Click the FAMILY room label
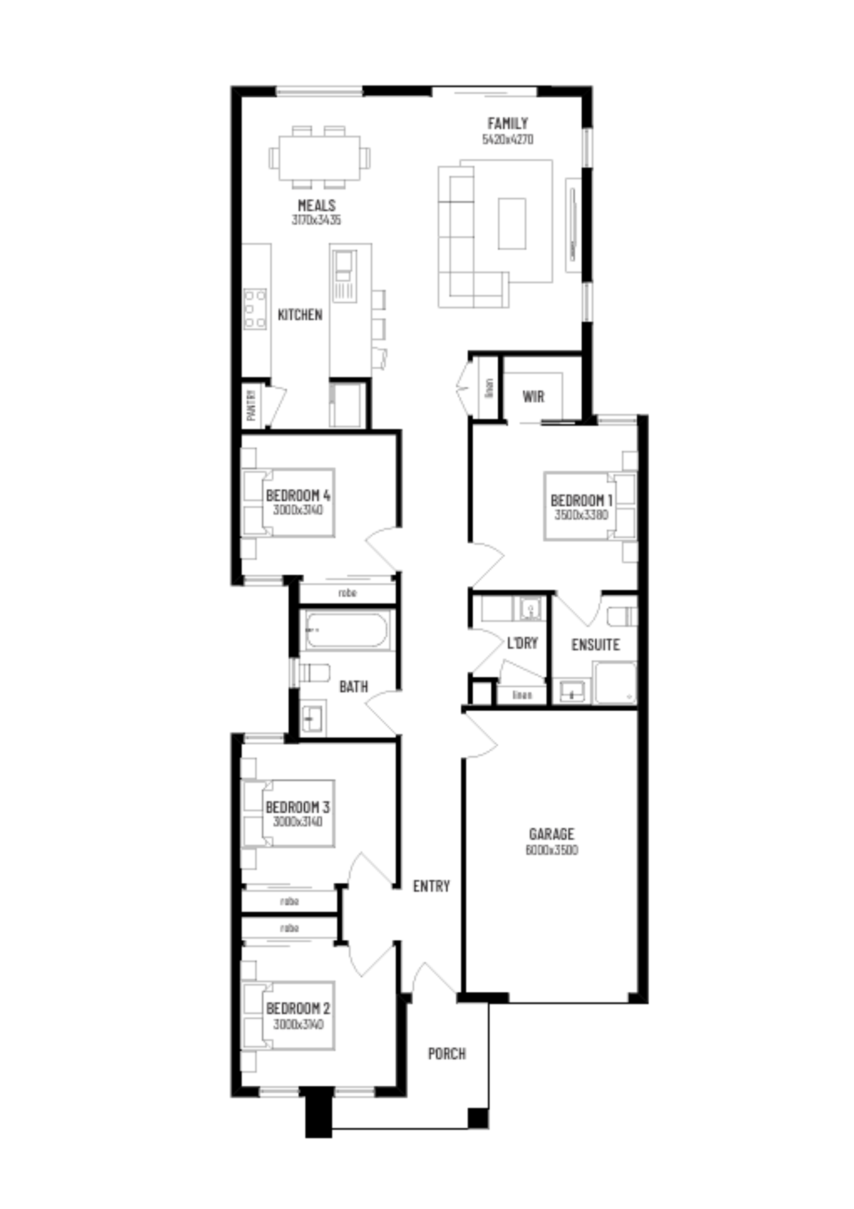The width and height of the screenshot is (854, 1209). click(507, 123)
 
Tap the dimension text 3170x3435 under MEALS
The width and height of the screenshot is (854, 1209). click(316, 220)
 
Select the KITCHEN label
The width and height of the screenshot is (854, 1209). click(300, 315)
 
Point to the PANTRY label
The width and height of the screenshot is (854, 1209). click(251, 404)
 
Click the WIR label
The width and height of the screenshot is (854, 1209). click(533, 397)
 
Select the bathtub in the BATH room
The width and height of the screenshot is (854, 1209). click(347, 630)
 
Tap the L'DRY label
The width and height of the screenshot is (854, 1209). click(522, 643)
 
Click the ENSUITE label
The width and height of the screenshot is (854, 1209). click(595, 645)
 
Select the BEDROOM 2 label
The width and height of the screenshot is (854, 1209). click(298, 1008)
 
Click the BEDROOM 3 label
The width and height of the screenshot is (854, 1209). click(297, 807)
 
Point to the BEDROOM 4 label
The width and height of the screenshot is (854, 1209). click(298, 495)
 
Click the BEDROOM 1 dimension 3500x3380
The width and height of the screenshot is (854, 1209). click(581, 514)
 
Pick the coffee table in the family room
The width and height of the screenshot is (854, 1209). click(512, 223)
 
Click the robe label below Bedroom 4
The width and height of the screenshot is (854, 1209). click(347, 593)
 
